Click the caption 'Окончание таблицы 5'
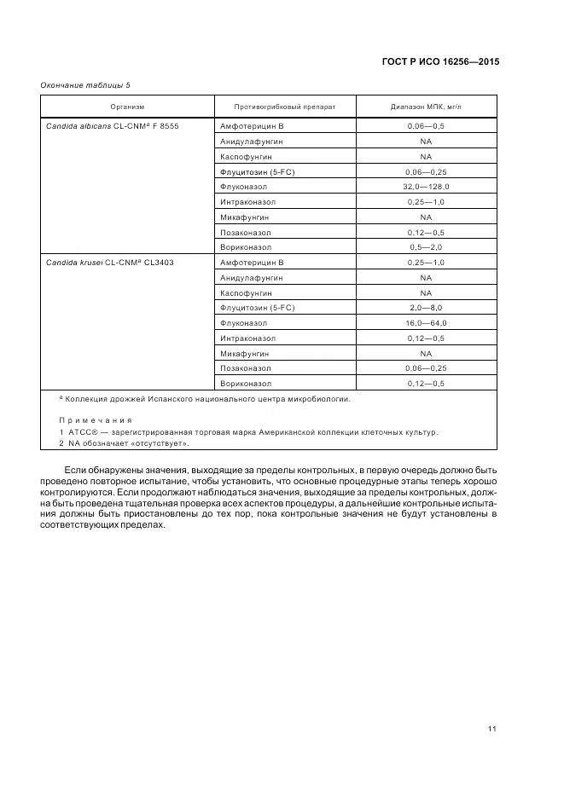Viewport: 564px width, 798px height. click(x=85, y=85)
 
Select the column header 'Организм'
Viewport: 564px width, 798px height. click(x=127, y=107)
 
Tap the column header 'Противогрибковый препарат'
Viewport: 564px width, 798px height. click(x=285, y=107)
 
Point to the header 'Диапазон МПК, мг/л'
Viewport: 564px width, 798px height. click(x=426, y=107)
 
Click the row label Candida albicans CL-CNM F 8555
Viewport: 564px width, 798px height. click(x=112, y=126)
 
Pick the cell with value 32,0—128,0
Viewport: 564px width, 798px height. click(x=426, y=187)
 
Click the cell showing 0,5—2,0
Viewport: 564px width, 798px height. click(x=426, y=247)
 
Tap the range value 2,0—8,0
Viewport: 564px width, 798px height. click(x=426, y=308)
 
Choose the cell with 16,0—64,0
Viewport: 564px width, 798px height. click(x=426, y=323)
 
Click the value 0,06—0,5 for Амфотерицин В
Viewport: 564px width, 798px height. click(x=426, y=126)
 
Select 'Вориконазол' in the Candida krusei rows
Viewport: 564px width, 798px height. click(x=246, y=384)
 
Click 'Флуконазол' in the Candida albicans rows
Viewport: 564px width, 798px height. click(x=244, y=187)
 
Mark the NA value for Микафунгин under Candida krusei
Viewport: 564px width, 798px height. click(x=426, y=353)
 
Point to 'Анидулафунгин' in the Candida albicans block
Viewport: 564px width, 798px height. click(x=252, y=142)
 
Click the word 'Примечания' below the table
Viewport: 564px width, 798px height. click(x=96, y=420)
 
